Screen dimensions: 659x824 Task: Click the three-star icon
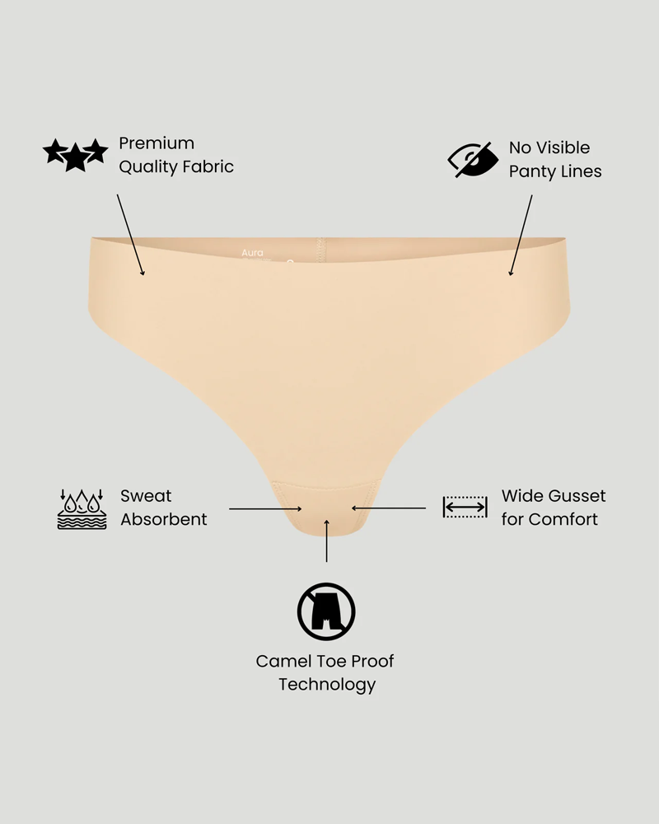pyautogui.click(x=75, y=155)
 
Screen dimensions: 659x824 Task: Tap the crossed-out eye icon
pyautogui.click(x=473, y=159)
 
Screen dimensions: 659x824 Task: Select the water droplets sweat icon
pyautogui.click(x=82, y=508)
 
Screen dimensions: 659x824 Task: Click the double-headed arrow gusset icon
pyautogui.click(x=465, y=507)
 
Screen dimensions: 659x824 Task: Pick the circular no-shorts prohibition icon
pyautogui.click(x=326, y=611)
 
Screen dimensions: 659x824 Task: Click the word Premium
pyautogui.click(x=157, y=143)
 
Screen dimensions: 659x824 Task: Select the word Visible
pyautogui.click(x=562, y=147)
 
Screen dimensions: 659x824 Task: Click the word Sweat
pyautogui.click(x=146, y=496)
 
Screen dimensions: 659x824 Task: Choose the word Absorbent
pyautogui.click(x=164, y=519)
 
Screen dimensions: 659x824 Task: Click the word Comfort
pyautogui.click(x=563, y=519)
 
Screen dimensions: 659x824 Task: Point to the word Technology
pyautogui.click(x=327, y=685)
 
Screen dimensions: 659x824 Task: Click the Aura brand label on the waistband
pyautogui.click(x=252, y=253)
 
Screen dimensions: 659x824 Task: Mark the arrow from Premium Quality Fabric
pyautogui.click(x=130, y=234)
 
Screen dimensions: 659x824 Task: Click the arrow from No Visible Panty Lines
pyautogui.click(x=521, y=236)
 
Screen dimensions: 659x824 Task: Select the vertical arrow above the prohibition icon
pyautogui.click(x=327, y=541)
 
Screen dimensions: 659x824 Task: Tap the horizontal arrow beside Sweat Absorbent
pyautogui.click(x=265, y=508)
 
